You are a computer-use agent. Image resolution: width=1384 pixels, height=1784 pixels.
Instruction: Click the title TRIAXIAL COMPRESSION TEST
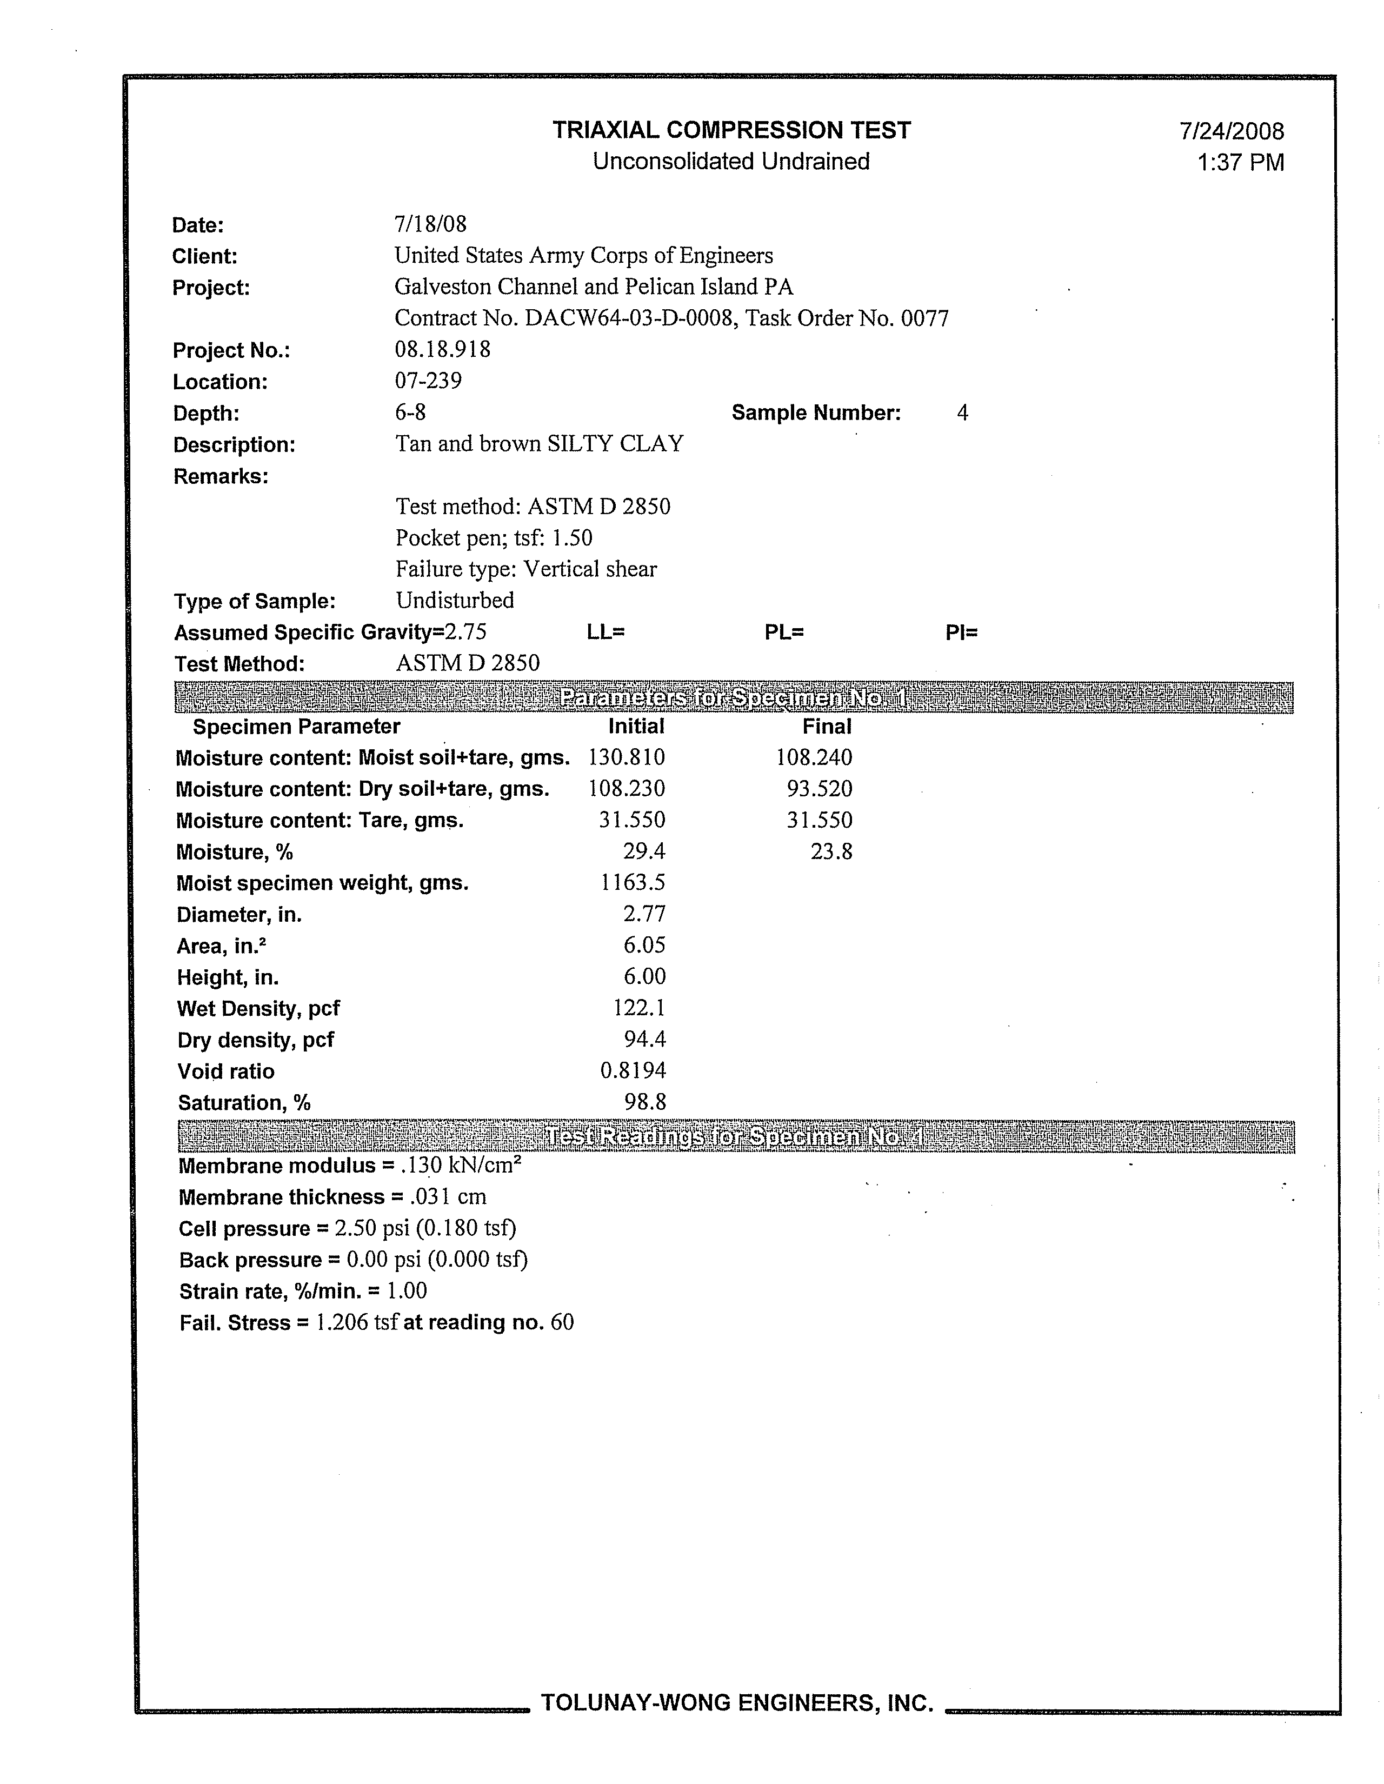[731, 131]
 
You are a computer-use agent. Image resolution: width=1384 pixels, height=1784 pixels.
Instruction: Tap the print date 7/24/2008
[1231, 131]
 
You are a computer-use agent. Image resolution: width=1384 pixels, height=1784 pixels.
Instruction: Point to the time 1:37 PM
[1240, 163]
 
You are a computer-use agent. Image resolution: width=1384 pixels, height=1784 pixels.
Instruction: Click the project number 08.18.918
[443, 350]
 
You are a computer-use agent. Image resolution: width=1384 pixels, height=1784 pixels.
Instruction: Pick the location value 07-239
[428, 381]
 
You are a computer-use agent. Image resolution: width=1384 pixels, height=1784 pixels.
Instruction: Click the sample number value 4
[962, 414]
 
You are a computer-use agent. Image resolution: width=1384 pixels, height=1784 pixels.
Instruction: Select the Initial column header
[636, 726]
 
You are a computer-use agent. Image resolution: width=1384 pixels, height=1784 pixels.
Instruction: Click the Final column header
[827, 726]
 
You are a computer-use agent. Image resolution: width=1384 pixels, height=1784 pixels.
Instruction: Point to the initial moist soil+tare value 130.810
[626, 757]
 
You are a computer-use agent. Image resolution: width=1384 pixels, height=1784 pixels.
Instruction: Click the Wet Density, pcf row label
[258, 1009]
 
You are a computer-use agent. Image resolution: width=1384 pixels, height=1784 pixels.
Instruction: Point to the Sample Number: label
[815, 414]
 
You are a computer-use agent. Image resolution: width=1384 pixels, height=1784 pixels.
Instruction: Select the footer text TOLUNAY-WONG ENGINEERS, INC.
[737, 1703]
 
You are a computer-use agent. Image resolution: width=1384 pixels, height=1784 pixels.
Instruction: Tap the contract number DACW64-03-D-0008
[628, 318]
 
